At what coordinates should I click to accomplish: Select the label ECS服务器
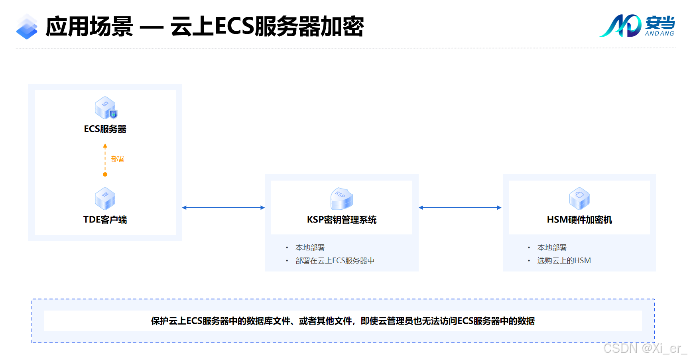pyautogui.click(x=105, y=129)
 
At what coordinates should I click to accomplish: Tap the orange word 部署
pyautogui.click(x=118, y=159)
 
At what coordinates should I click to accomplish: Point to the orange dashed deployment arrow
pyautogui.click(x=105, y=160)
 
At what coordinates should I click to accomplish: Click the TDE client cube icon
pyautogui.click(x=105, y=199)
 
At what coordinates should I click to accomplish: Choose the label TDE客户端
pyautogui.click(x=105, y=220)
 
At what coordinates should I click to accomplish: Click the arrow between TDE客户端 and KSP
pyautogui.click(x=223, y=208)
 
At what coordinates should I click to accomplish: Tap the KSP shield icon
pyautogui.click(x=342, y=199)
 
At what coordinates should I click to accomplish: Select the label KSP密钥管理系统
pyautogui.click(x=342, y=220)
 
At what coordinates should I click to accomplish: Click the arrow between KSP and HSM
pyautogui.click(x=460, y=208)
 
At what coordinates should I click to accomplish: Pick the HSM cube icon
pyautogui.click(x=579, y=199)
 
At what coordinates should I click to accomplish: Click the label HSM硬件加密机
pyautogui.click(x=579, y=220)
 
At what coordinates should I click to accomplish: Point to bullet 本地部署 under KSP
pyautogui.click(x=310, y=248)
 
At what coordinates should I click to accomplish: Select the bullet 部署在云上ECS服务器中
pyautogui.click(x=335, y=261)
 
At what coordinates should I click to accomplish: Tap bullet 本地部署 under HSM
pyautogui.click(x=552, y=248)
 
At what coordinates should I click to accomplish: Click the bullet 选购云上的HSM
pyautogui.click(x=564, y=261)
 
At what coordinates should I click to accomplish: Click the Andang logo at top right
pyautogui.click(x=637, y=26)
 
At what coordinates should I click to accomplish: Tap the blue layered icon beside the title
pyautogui.click(x=27, y=27)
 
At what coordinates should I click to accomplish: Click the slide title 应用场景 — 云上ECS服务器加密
pyautogui.click(x=205, y=27)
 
